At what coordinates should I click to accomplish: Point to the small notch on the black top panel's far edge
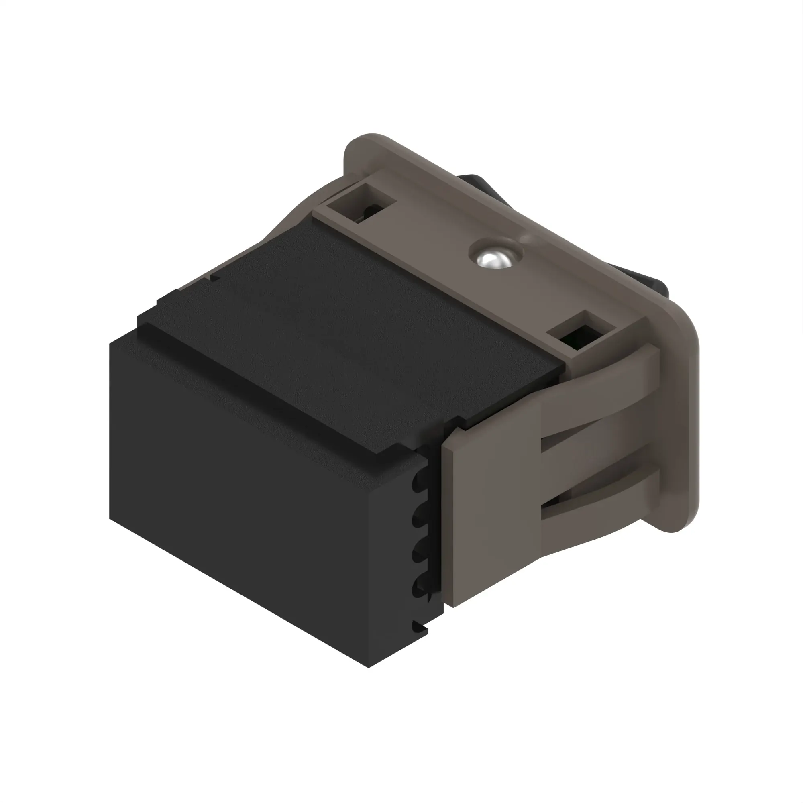214,276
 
